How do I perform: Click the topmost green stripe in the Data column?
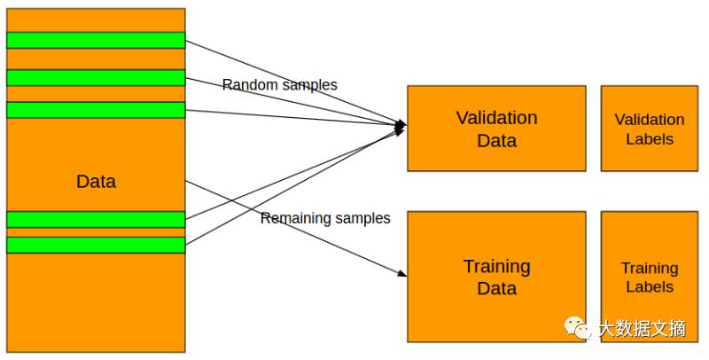[96, 40]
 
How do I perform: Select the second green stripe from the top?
[96, 77]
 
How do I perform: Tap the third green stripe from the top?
[96, 110]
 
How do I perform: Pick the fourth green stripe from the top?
[96, 219]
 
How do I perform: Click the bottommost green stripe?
[96, 245]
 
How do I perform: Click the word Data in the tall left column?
[96, 182]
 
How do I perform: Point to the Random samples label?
[279, 85]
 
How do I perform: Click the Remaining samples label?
[325, 218]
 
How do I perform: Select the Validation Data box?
[496, 128]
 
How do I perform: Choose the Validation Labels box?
[650, 128]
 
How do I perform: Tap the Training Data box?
[496, 277]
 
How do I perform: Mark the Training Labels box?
[650, 277]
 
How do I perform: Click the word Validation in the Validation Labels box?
[650, 119]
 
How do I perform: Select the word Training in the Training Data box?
[496, 266]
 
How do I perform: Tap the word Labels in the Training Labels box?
[650, 286]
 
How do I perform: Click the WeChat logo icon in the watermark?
[581, 330]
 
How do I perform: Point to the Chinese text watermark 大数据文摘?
[643, 330]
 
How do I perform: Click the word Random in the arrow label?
[247, 85]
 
